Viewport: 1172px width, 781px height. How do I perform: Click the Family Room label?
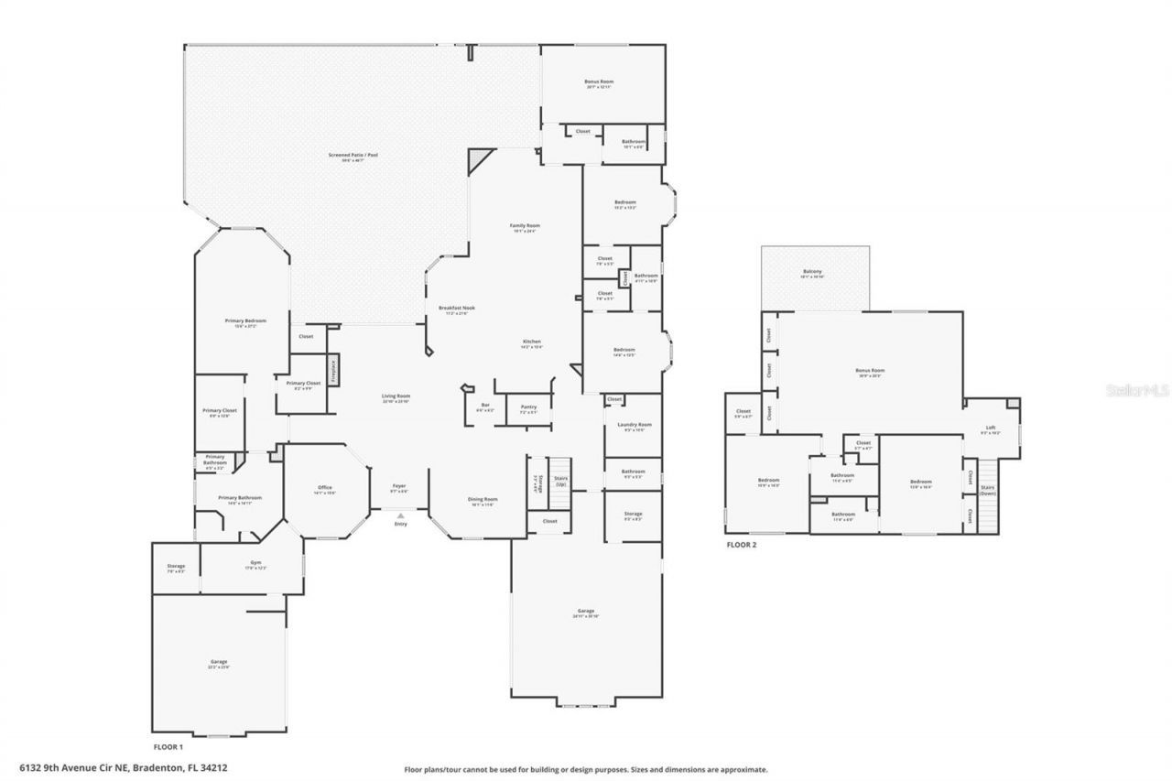[x=526, y=226]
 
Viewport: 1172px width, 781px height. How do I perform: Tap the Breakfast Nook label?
[x=456, y=309]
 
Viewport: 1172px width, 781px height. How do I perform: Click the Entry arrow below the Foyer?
[x=400, y=517]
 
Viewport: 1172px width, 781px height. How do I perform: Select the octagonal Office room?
[x=325, y=490]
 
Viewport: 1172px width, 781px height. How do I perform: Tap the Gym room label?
[x=255, y=566]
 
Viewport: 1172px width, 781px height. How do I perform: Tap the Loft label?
[x=991, y=428]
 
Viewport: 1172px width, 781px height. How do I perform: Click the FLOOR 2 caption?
[x=742, y=544]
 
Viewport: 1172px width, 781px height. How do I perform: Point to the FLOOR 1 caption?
[x=168, y=747]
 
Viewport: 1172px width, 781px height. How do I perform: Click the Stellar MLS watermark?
[x=1136, y=390]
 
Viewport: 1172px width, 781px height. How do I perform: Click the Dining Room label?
[x=483, y=502]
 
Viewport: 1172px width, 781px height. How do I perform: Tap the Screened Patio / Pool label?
[x=353, y=157]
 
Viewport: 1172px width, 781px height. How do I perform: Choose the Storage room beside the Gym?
[x=176, y=569]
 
